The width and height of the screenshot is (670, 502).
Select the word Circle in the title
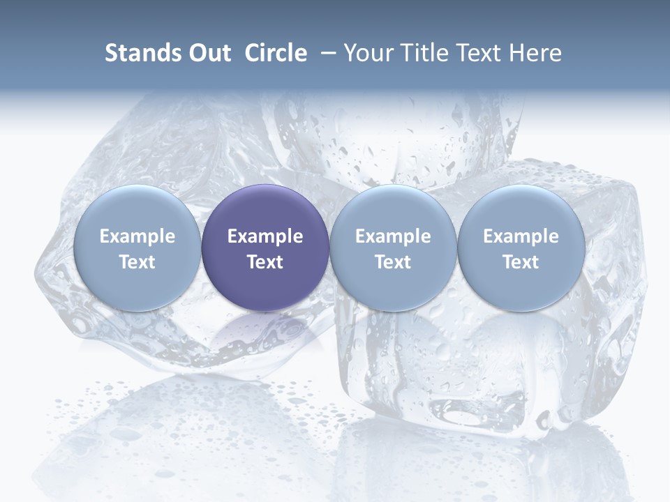tap(276, 53)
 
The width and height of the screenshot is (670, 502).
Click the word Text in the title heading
tap(481, 53)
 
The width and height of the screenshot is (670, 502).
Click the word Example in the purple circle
tap(265, 236)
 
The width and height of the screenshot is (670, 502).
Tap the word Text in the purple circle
tap(265, 262)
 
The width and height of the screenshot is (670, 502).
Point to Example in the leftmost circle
tap(137, 236)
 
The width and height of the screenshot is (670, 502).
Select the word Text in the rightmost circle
tap(521, 262)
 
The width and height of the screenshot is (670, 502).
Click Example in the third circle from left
tap(393, 236)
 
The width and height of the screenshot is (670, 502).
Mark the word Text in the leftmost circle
tap(137, 262)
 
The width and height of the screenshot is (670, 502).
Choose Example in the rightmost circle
tap(521, 236)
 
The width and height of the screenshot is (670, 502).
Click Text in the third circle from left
tap(393, 262)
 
